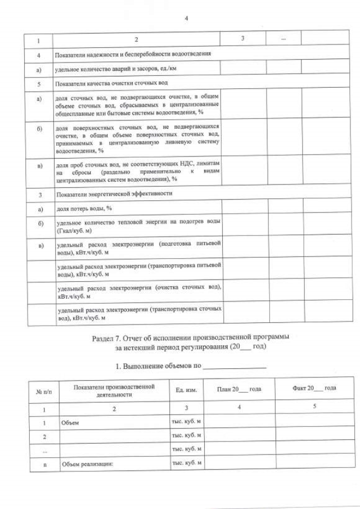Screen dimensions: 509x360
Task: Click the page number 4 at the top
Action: click(186, 19)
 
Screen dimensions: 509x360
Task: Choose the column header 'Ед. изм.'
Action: click(186, 389)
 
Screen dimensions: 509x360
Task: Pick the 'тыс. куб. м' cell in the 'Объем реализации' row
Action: click(186, 464)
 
